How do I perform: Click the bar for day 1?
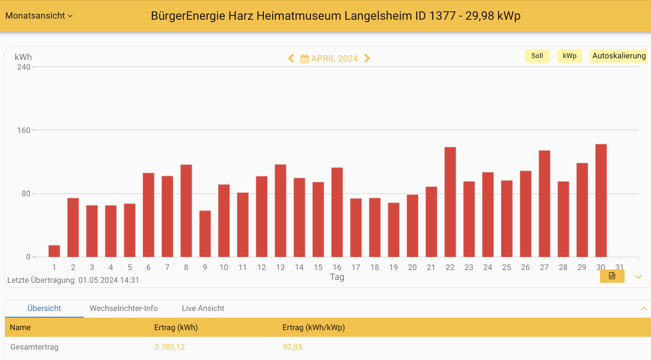[54, 251]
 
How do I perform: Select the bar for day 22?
[450, 202]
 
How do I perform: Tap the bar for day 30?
[601, 201]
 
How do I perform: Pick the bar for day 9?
[205, 234]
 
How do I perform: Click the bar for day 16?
[337, 212]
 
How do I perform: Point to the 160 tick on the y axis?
[24, 130]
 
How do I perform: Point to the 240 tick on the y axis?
[24, 67]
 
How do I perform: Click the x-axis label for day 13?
[280, 267]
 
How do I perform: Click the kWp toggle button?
[569, 56]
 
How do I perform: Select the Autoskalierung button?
[619, 56]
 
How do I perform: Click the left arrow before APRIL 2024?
[291, 58]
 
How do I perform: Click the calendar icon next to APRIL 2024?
[304, 59]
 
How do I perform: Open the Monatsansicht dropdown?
[39, 16]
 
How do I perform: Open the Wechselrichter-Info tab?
[124, 308]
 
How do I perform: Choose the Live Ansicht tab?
[203, 308]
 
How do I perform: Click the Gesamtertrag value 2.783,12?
[169, 347]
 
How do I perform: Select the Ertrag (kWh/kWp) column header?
[313, 327]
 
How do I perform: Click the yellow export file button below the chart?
[612, 276]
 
